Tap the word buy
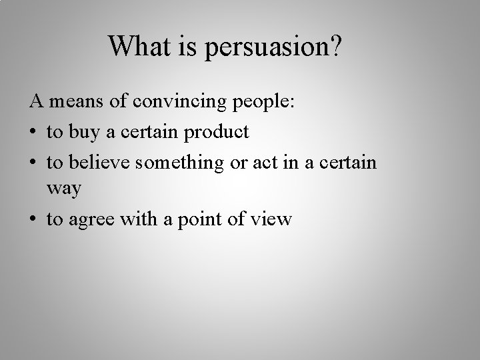pyautogui.click(x=83, y=133)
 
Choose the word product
pyautogui.click(x=215, y=133)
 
